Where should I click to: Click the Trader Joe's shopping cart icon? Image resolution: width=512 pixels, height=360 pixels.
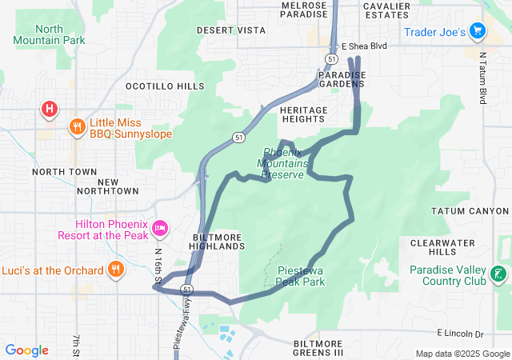click(x=478, y=31)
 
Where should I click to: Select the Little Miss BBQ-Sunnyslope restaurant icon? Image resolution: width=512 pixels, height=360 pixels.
click(x=78, y=126)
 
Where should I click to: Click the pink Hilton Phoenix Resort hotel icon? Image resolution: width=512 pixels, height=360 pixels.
click(x=159, y=230)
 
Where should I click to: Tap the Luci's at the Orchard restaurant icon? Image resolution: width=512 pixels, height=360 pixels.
click(x=116, y=270)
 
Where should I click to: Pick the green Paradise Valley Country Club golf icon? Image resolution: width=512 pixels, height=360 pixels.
click(x=498, y=275)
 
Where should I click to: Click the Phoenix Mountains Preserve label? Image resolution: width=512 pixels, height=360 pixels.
click(x=284, y=163)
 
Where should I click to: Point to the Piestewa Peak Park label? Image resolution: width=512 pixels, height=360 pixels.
click(x=301, y=276)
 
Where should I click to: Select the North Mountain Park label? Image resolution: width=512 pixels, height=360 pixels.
click(x=49, y=34)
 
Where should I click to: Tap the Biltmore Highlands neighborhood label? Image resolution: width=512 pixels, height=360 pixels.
click(x=218, y=242)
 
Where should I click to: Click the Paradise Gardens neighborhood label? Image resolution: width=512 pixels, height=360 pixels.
click(x=342, y=79)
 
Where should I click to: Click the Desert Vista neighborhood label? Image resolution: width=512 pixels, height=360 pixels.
click(x=231, y=30)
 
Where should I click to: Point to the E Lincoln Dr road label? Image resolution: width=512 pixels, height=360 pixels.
click(x=461, y=332)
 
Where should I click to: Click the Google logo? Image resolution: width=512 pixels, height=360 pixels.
click(x=26, y=350)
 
